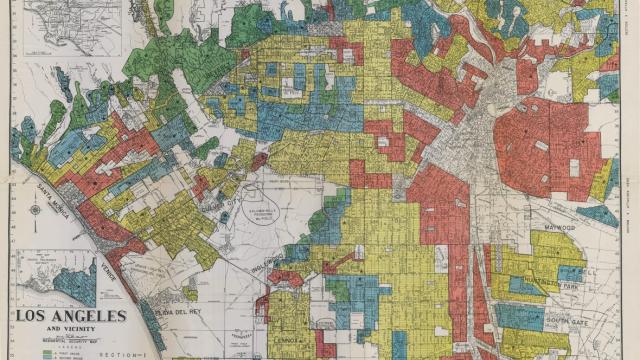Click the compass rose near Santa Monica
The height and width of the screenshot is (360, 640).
coord(36,209)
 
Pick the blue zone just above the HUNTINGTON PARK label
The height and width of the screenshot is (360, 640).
coord(569,273)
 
